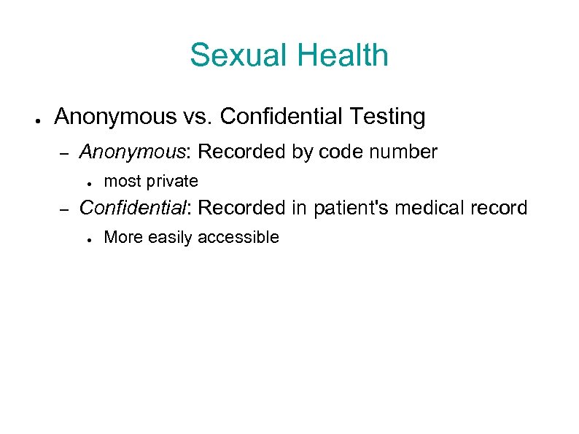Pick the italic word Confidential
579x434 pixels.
point(133,208)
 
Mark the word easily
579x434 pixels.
point(172,237)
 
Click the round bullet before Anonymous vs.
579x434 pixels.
point(36,117)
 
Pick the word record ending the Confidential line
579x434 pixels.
point(500,208)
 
